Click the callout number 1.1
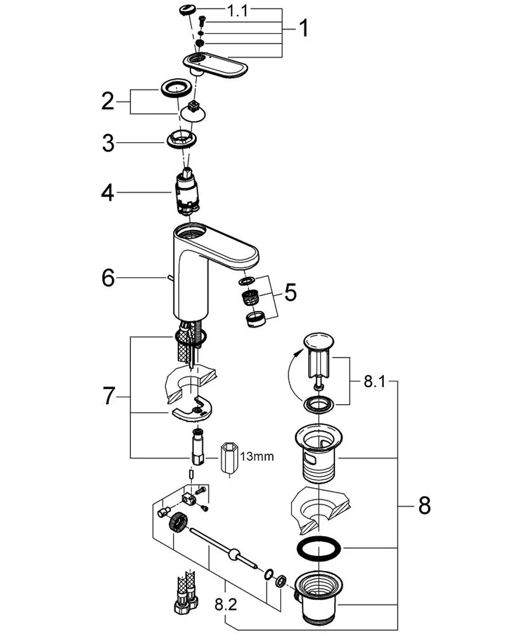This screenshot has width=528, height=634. (x=237, y=11)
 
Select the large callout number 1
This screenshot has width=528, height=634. (x=304, y=28)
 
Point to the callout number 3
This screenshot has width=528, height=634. (x=108, y=143)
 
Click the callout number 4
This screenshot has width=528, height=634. (x=108, y=192)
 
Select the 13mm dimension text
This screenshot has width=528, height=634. (x=257, y=456)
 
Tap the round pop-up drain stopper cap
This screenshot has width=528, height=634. (x=318, y=340)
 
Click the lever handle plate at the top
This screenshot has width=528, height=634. (x=215, y=64)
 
